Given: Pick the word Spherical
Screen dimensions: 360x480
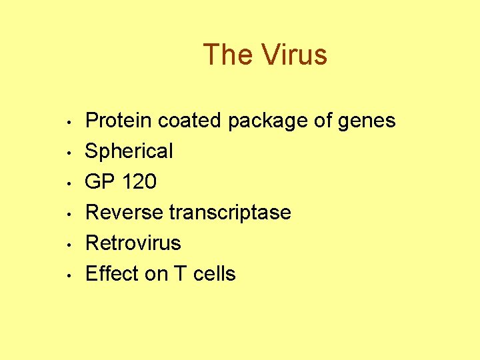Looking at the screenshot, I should click(129, 152).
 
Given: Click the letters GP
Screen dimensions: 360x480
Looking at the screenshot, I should click(99, 182).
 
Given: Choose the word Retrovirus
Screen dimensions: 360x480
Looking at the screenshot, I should click(133, 243).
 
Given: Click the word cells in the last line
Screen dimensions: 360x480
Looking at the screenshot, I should click(215, 274).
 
